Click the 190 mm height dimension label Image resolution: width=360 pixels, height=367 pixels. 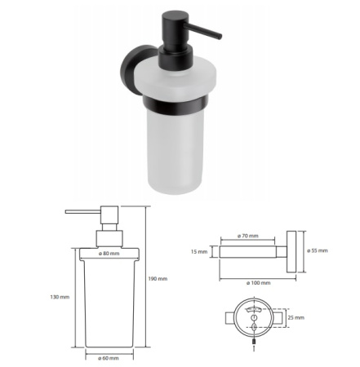158,279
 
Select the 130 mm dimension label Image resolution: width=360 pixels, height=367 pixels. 60,297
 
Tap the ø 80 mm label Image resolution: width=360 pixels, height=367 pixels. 109,254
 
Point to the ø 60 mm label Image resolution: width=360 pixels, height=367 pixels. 109,358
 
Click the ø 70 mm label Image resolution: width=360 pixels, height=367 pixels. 248,236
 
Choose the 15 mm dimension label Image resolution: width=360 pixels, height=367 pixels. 199,252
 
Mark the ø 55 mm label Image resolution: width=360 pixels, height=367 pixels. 318,250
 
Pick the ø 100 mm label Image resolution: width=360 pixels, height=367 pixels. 259,283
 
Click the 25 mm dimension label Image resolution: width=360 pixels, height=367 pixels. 296,317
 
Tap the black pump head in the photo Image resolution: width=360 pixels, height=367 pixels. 175,41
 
